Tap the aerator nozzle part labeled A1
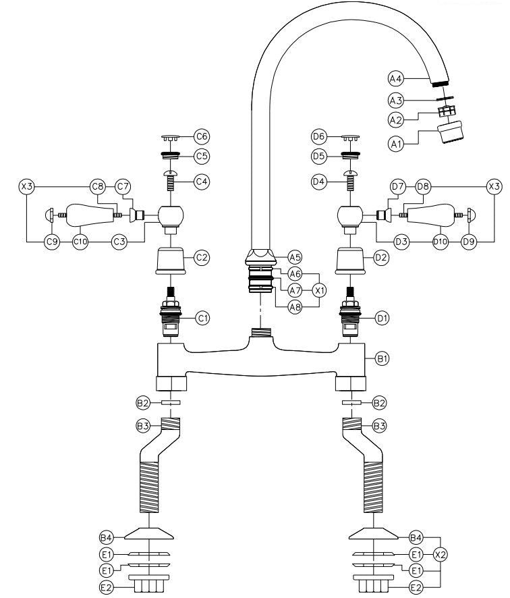pos(451,132)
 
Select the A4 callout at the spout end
pos(395,79)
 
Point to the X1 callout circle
pos(320,290)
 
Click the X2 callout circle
pos(441,554)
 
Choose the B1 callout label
pos(381,359)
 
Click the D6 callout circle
pos(318,136)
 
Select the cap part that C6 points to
pos(172,137)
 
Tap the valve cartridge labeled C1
pos(171,311)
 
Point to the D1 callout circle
pos(381,317)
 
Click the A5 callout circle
pos(295,256)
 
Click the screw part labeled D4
pos(350,181)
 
